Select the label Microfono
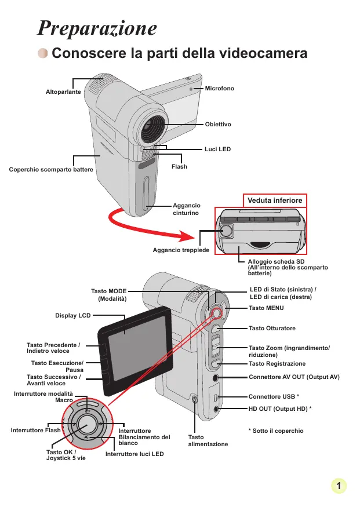tap(220, 88)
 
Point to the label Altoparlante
tap(63, 92)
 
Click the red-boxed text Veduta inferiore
tap(275, 200)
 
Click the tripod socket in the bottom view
tap(227, 231)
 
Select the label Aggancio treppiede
tap(181, 249)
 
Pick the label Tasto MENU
tap(266, 308)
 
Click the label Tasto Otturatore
tap(272, 329)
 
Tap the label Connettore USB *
tap(274, 397)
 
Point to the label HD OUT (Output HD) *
tap(280, 408)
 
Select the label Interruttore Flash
tap(36, 431)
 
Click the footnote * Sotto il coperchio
tap(275, 431)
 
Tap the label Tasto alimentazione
tap(208, 440)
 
